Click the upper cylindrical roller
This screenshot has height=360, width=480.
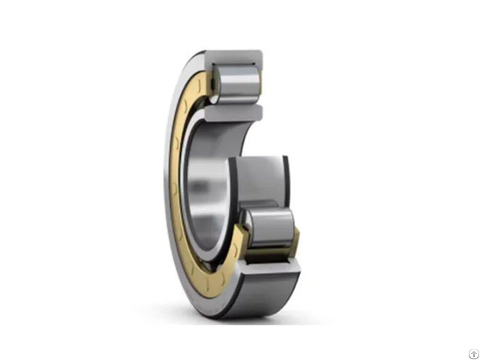coord(237,83)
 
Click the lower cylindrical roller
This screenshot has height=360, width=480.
coord(271,227)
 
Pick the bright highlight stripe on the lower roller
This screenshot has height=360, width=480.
coord(271,218)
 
